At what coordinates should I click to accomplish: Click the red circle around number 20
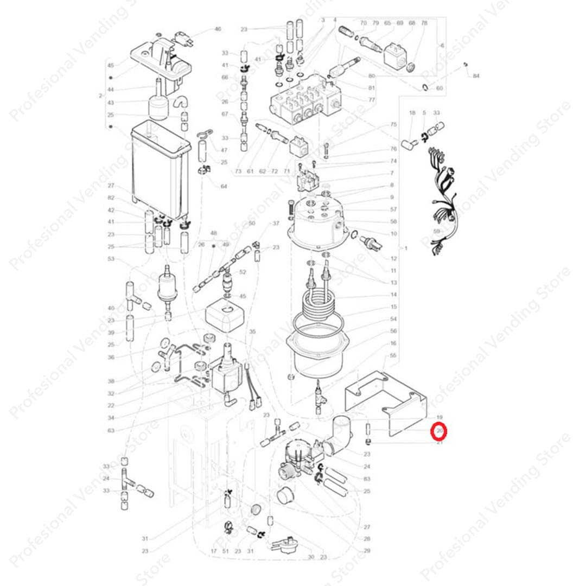click(x=438, y=432)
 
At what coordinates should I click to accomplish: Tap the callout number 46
click(x=218, y=29)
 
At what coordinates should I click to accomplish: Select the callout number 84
click(x=476, y=76)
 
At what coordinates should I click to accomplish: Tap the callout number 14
click(x=393, y=295)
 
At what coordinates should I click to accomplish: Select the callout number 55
click(x=393, y=355)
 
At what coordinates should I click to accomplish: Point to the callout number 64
click(x=224, y=187)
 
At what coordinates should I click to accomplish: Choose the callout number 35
click(x=252, y=332)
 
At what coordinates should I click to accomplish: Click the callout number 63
click(x=111, y=431)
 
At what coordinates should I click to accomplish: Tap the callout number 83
click(x=367, y=479)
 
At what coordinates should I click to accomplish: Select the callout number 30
click(x=311, y=557)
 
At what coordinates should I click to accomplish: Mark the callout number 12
click(x=393, y=258)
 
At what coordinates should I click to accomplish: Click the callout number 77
click(x=387, y=100)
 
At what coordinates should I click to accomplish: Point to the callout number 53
click(x=111, y=259)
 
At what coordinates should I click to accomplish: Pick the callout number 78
click(x=425, y=23)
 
